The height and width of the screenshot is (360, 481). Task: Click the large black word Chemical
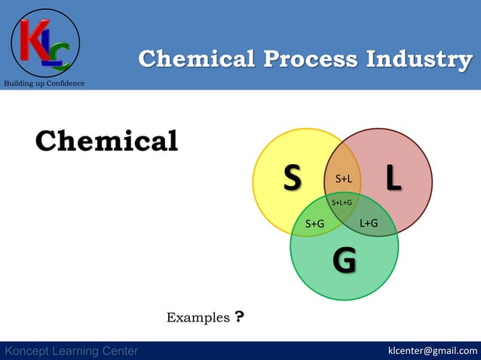click(x=106, y=141)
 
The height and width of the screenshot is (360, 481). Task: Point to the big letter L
click(x=393, y=178)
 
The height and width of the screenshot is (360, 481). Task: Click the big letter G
click(x=345, y=261)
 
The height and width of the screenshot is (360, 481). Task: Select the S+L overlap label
click(x=344, y=179)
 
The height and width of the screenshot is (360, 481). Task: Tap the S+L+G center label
click(x=342, y=203)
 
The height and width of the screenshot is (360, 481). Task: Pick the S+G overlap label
click(x=314, y=224)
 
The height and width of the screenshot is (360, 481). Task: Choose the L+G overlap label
click(x=369, y=223)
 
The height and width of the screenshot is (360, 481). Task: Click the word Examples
click(x=198, y=319)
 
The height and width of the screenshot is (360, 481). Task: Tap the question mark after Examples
click(x=239, y=317)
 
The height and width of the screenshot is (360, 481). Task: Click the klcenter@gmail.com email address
click(x=432, y=350)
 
